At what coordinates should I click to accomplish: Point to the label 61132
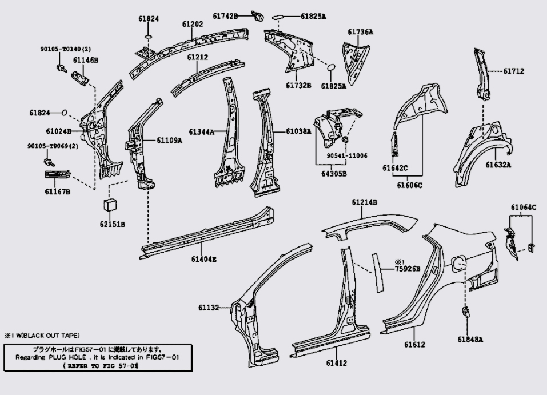point(209,308)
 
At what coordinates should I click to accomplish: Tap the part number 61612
point(415,344)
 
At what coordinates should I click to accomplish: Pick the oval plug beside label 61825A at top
point(278,17)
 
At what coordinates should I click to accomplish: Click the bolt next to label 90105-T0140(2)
point(59,70)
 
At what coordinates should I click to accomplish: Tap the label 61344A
point(202,132)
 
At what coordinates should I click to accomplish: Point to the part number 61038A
point(299,132)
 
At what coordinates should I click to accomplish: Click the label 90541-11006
point(348,155)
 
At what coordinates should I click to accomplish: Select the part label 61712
point(514,71)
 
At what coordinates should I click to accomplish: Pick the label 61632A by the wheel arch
point(498,165)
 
